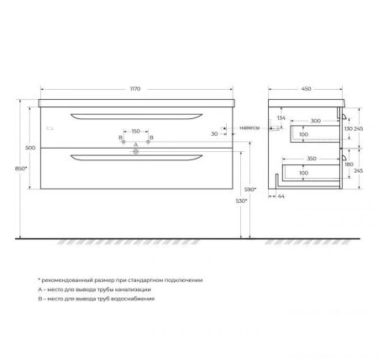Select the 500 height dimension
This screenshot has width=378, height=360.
pos(29,147)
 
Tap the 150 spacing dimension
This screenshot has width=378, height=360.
pos(135,131)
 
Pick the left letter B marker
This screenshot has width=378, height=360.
pos(120,136)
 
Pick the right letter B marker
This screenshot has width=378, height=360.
pos(150,136)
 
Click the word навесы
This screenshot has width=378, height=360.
pos(249,128)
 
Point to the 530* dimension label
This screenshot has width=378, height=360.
pos(240,202)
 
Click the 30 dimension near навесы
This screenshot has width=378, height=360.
pos(216,133)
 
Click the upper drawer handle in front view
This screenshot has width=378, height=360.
pos(135,113)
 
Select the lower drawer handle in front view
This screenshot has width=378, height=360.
pos(135,156)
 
